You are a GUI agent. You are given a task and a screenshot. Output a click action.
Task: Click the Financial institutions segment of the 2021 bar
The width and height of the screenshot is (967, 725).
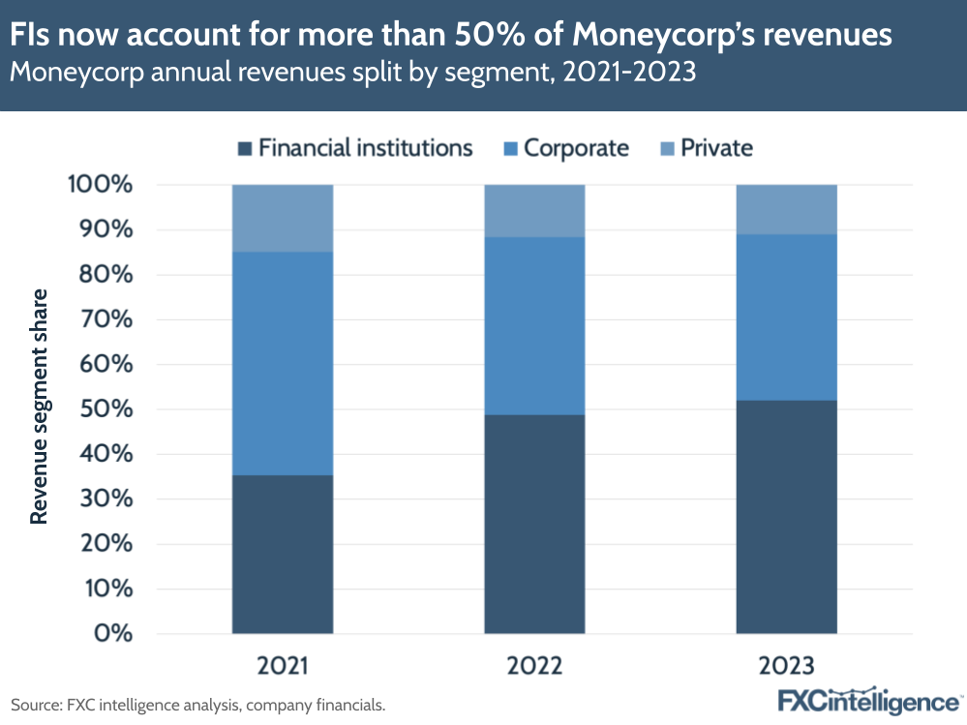pyautogui.click(x=283, y=554)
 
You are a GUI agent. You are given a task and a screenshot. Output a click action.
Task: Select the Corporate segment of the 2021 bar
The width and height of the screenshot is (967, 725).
pyautogui.click(x=283, y=363)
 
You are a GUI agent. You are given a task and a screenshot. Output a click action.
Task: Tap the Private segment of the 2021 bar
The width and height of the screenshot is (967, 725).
pyautogui.click(x=283, y=218)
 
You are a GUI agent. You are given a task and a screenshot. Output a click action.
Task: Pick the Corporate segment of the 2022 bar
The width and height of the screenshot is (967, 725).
pyautogui.click(x=534, y=325)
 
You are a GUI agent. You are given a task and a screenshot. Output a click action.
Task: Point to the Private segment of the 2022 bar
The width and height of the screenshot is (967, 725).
pyautogui.click(x=534, y=210)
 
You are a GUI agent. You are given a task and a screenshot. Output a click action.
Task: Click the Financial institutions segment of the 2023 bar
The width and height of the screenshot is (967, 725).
pyautogui.click(x=786, y=517)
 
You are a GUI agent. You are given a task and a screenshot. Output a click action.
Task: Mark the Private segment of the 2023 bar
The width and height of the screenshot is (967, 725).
pyautogui.click(x=786, y=209)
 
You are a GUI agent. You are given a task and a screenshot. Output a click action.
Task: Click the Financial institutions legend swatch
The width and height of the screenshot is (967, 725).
pyautogui.click(x=245, y=148)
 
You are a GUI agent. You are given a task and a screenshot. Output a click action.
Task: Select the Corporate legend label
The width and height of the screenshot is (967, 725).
pyautogui.click(x=576, y=148)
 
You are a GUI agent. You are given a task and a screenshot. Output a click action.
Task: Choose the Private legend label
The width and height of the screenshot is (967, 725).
pyautogui.click(x=716, y=148)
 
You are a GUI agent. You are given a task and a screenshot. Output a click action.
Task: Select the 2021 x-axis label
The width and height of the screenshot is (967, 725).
pyautogui.click(x=283, y=666)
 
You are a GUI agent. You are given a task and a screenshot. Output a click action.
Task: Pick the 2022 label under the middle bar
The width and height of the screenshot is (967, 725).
pyautogui.click(x=534, y=666)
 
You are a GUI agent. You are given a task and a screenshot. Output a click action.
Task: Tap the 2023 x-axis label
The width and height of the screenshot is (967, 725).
pyautogui.click(x=786, y=666)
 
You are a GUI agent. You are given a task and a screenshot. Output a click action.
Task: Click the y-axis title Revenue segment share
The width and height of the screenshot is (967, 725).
pyautogui.click(x=39, y=407)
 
